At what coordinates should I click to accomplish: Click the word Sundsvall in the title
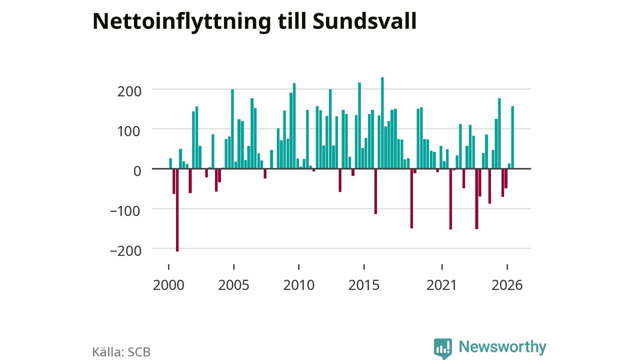tap(364, 21)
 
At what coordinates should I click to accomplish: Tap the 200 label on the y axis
tap(129, 91)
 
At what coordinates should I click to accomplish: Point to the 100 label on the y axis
tap(129, 131)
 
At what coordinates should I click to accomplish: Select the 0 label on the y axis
tap(137, 171)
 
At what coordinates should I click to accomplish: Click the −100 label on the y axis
tap(125, 211)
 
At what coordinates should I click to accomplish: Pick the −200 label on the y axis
tap(125, 251)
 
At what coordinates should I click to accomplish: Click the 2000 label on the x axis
tap(168, 285)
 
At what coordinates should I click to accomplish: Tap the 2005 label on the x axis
tap(233, 285)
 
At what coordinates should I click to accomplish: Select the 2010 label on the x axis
tap(299, 285)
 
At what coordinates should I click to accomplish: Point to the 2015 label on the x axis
tap(363, 285)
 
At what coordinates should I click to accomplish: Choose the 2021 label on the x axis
tap(441, 285)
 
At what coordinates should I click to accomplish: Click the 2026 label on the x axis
tap(507, 285)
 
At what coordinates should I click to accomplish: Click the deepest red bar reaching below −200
tap(177, 210)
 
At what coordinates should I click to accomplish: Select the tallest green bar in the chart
tap(382, 123)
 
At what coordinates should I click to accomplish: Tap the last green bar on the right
tap(512, 137)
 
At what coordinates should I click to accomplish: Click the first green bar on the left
tap(170, 163)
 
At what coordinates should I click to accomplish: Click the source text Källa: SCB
tap(121, 352)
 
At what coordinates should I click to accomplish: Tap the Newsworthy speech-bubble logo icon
tap(443, 348)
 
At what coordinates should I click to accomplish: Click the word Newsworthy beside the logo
tap(502, 347)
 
